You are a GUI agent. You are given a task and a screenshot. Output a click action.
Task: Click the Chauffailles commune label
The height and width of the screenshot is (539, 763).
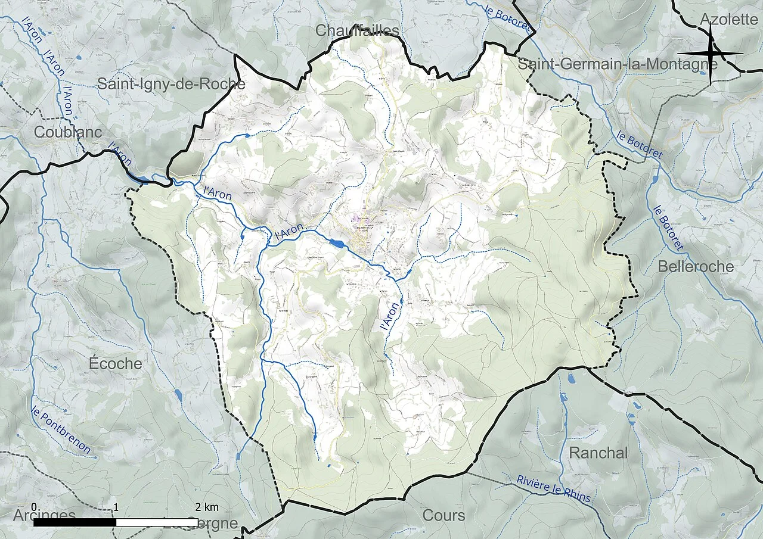[357, 30]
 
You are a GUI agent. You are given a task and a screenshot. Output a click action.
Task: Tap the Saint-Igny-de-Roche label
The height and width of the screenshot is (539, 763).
[171, 84]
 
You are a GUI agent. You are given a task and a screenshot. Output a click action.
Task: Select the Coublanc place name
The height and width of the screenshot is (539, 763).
[68, 132]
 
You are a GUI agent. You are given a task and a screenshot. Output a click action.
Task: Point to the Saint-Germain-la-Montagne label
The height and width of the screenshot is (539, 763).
[618, 64]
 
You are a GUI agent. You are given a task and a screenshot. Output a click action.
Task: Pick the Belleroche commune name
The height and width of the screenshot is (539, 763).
[696, 266]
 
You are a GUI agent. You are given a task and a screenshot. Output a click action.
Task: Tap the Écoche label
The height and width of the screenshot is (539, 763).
[115, 363]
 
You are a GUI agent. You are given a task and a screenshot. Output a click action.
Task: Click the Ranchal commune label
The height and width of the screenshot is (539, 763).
[598, 453]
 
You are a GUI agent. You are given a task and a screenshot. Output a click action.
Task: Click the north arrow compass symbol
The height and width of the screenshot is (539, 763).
[711, 54]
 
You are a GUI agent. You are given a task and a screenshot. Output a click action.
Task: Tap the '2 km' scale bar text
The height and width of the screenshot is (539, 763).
[207, 507]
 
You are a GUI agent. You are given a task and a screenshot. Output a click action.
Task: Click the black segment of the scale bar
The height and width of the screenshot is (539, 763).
[75, 522]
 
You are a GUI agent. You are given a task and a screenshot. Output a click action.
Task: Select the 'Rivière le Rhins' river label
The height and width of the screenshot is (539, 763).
[554, 490]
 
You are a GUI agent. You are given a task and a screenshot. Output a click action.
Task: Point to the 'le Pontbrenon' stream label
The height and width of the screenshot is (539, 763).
[62, 429]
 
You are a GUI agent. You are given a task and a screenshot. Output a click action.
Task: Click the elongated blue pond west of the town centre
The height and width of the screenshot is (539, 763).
[336, 243]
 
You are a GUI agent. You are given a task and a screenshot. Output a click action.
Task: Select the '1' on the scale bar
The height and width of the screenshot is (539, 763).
[116, 507]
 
